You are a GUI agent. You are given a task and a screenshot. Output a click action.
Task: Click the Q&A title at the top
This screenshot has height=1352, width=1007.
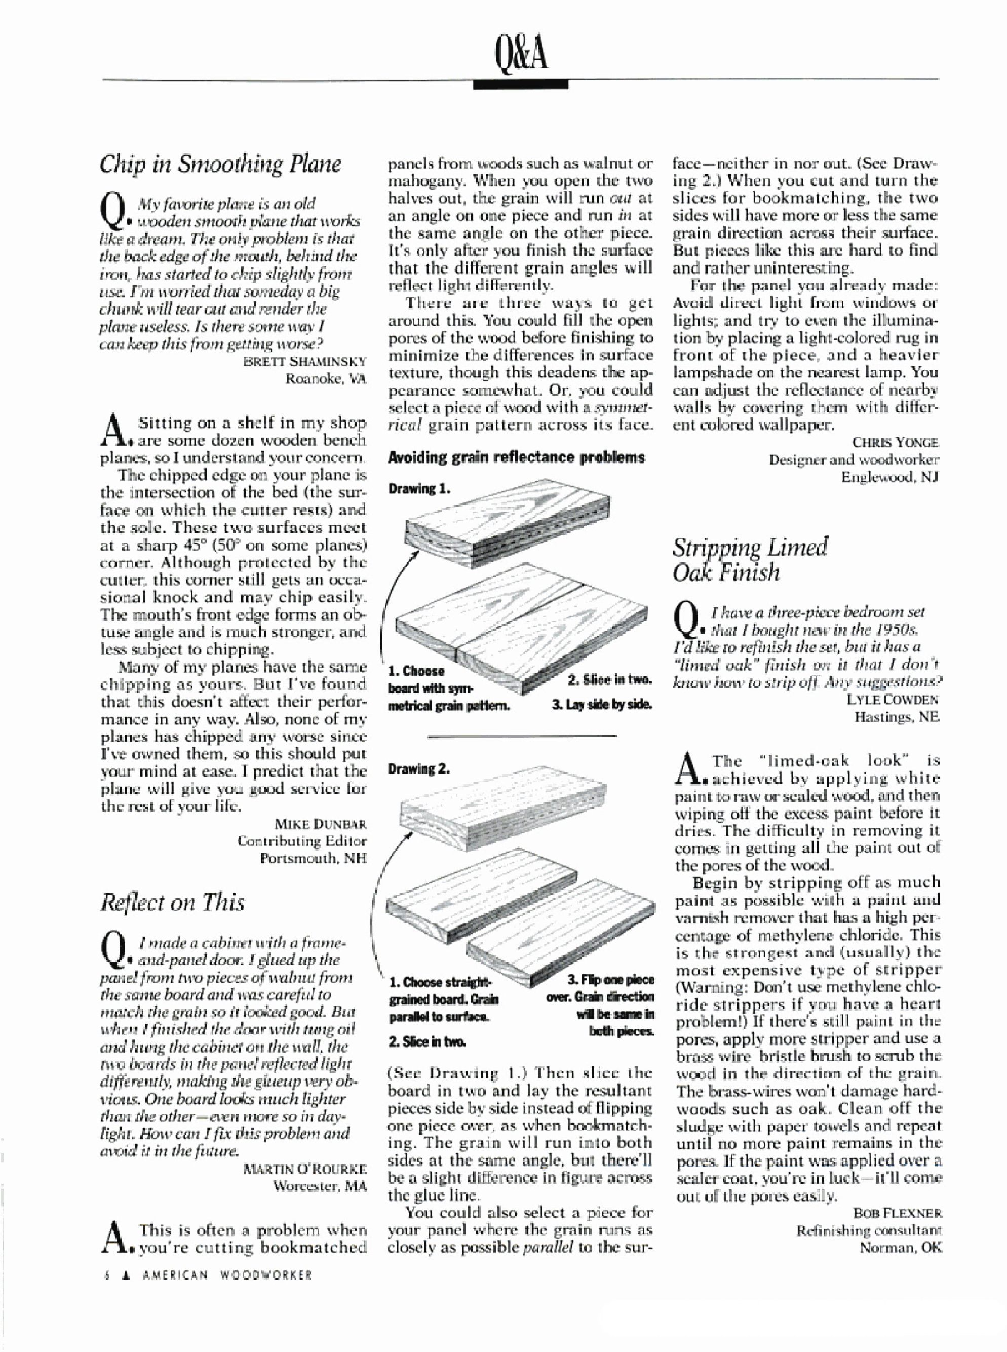522,52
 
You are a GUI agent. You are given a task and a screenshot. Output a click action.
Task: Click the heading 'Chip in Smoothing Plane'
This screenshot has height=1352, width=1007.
221,164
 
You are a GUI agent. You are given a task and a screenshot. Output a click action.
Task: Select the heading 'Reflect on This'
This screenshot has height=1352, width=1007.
173,902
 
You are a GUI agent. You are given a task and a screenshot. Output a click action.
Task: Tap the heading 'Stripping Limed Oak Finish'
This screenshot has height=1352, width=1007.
750,560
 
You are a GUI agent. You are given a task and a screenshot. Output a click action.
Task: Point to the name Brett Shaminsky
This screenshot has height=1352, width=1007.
305,361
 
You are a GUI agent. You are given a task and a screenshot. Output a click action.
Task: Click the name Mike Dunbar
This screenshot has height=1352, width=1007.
321,824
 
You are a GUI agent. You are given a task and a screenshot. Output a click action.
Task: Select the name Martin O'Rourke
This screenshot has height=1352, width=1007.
305,1169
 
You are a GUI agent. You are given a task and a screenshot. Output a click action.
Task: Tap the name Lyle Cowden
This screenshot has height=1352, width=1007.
893,699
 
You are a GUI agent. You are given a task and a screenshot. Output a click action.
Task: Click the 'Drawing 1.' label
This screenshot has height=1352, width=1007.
419,489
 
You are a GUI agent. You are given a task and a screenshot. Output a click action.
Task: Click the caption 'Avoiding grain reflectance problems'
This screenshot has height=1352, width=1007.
516,458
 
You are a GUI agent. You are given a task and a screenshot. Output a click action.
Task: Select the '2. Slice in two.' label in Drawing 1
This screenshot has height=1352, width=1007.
609,680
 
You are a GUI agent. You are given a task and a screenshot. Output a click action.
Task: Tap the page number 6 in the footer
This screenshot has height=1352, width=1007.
107,1274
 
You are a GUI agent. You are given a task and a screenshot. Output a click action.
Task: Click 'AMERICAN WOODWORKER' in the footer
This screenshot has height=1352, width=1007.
227,1274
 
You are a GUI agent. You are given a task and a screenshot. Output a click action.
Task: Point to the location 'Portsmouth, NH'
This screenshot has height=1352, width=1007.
314,858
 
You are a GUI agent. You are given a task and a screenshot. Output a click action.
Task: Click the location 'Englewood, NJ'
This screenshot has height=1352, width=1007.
890,477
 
